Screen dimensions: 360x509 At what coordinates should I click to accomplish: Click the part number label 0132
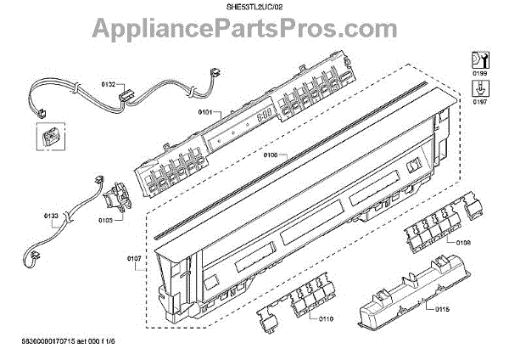(109, 85)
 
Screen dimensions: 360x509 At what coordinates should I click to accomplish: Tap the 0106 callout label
(271, 155)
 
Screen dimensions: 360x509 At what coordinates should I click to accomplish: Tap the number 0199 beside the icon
(478, 74)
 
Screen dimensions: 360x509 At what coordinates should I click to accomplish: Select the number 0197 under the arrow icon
(478, 102)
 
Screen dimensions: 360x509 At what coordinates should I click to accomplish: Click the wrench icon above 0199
(478, 59)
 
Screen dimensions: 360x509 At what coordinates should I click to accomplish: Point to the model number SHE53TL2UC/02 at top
(255, 8)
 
